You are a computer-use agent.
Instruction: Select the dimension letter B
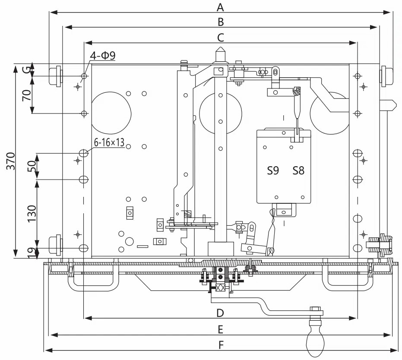point(221,22)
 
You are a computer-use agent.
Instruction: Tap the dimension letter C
point(221,38)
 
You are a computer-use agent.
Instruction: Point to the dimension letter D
point(220,313)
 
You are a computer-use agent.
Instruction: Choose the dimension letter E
point(221,329)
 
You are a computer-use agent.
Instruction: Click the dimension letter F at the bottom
point(221,345)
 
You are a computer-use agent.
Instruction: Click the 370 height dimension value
point(10,161)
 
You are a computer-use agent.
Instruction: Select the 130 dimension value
point(32,214)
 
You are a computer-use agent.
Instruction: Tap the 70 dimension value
point(27,95)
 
